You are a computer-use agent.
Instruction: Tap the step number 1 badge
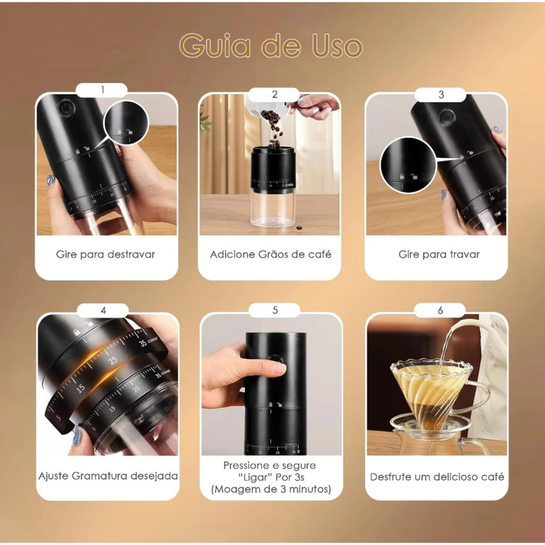[x=102, y=90]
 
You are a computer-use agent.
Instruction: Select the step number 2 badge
[x=275, y=95]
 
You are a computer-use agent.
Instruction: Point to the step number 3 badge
[x=441, y=95]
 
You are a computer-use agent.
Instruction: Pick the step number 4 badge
[x=103, y=311]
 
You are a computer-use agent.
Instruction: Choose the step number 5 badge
[x=275, y=310]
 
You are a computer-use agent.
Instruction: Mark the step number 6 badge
[x=440, y=310]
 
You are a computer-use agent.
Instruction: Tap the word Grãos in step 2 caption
[x=273, y=254]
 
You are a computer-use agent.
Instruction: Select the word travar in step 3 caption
[x=465, y=254]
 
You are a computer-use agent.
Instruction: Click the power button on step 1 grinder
[x=65, y=108]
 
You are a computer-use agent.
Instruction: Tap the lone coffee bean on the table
[x=299, y=228]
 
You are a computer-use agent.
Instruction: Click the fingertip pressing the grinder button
[x=278, y=368]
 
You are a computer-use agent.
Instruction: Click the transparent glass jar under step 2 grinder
[x=272, y=208]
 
